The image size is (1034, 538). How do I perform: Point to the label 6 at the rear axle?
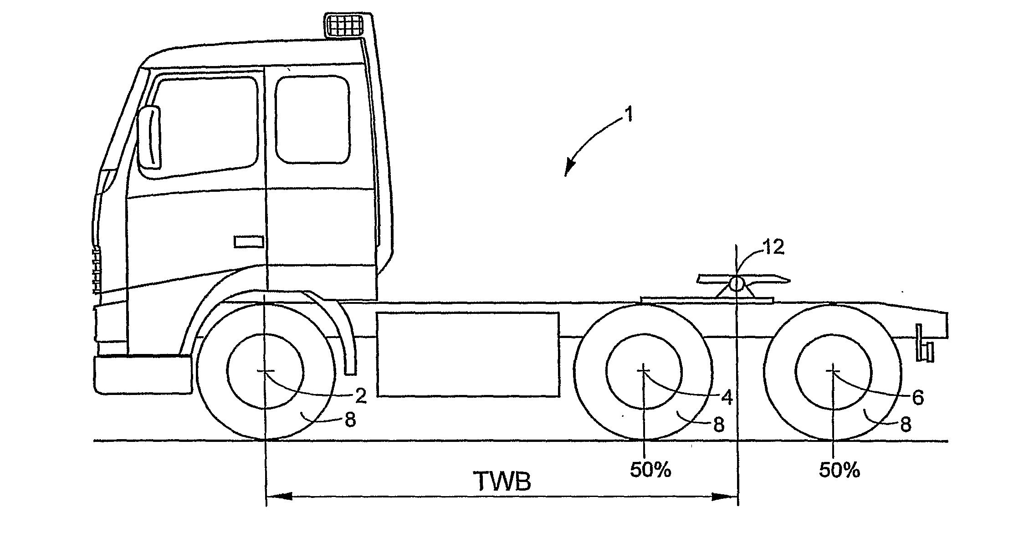pyautogui.click(x=918, y=397)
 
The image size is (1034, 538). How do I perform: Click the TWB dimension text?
pyautogui.click(x=502, y=481)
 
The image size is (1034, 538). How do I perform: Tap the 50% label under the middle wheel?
pyautogui.click(x=650, y=470)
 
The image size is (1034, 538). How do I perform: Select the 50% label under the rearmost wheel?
pyautogui.click(x=839, y=470)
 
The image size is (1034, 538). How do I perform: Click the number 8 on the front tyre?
pyautogui.click(x=350, y=420)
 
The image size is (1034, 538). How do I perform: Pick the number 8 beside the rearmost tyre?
pyautogui.click(x=906, y=425)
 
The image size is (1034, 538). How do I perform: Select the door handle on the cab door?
pyautogui.click(x=249, y=241)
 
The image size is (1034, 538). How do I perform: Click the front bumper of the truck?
pyautogui.click(x=143, y=374)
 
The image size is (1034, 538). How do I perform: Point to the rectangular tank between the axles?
pyautogui.click(x=468, y=354)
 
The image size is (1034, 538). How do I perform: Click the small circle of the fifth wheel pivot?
pyautogui.click(x=736, y=284)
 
